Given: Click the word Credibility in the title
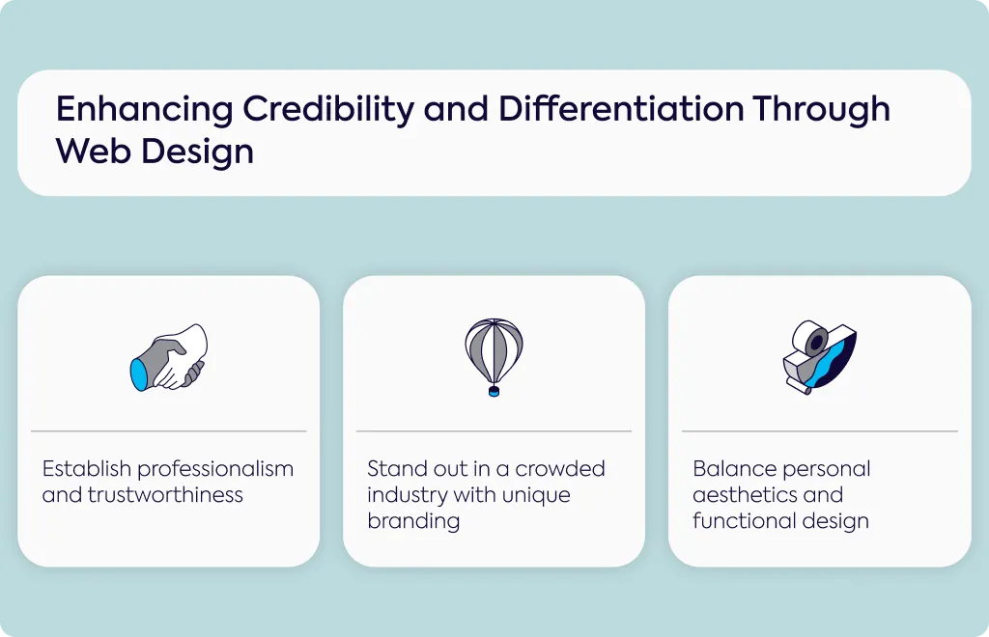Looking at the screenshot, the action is click(328, 109).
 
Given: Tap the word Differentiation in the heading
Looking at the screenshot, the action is click(621, 108).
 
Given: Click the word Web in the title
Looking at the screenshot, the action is click(92, 152).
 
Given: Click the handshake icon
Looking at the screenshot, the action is click(168, 357).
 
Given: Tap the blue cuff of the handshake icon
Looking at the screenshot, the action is click(139, 374).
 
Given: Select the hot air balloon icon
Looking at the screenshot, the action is click(494, 357).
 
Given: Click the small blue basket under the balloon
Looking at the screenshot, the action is click(494, 391).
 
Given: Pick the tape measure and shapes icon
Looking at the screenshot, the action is click(819, 357).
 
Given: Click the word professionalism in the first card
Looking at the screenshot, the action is click(215, 469).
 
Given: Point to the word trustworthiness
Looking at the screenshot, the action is click(165, 495).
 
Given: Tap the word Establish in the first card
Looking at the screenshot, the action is click(86, 469).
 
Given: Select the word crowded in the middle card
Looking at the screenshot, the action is click(560, 469).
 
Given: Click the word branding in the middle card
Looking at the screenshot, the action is click(413, 521).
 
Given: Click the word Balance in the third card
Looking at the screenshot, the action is click(733, 469).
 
